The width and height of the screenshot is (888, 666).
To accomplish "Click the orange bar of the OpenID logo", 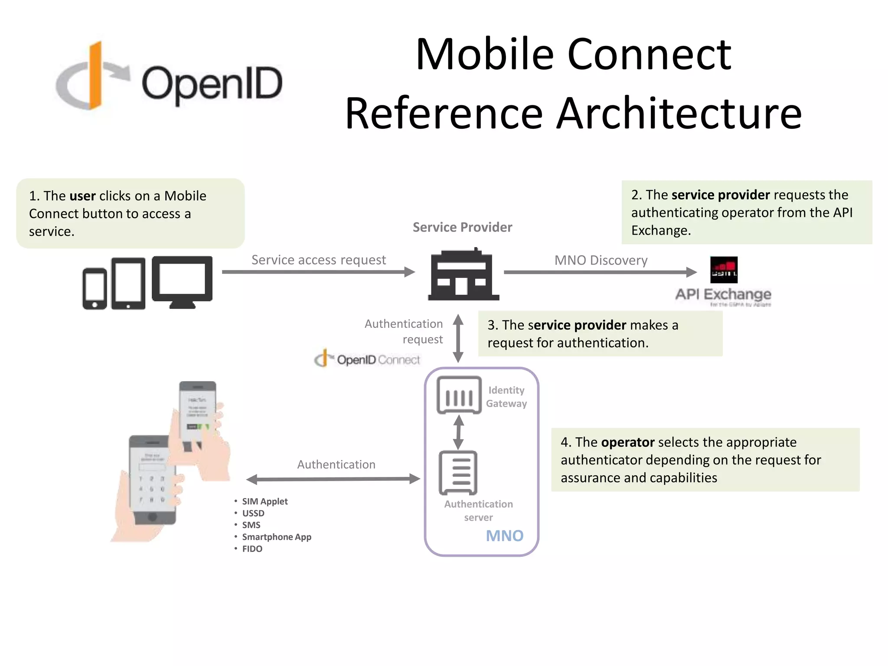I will click(x=95, y=76).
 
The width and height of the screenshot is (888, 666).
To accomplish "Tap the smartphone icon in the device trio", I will click(x=95, y=288).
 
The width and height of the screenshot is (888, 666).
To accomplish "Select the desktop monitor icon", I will click(x=182, y=281).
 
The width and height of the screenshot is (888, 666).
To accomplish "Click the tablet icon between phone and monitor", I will click(x=128, y=283).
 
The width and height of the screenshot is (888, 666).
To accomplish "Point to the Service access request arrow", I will click(x=318, y=272).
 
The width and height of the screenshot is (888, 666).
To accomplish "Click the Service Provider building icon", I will click(x=463, y=275).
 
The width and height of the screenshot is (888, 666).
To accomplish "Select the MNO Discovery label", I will click(x=601, y=260).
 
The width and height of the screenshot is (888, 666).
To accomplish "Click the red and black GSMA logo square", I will click(x=724, y=270).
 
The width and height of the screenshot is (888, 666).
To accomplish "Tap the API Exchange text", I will click(x=723, y=294).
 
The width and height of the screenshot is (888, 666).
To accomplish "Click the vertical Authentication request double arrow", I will click(x=458, y=338).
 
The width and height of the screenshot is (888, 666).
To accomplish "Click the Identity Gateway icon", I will click(x=459, y=395).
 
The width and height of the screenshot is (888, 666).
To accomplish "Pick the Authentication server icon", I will click(x=458, y=473).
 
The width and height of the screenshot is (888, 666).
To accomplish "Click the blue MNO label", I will click(x=504, y=536).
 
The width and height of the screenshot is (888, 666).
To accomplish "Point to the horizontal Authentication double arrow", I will click(x=333, y=479).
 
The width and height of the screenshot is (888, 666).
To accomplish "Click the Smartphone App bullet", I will click(x=276, y=537).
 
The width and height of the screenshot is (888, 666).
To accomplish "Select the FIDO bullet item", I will click(x=252, y=549).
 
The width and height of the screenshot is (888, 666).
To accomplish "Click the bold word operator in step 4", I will click(x=627, y=442).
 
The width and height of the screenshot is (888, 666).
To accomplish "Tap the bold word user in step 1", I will click(x=82, y=196).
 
